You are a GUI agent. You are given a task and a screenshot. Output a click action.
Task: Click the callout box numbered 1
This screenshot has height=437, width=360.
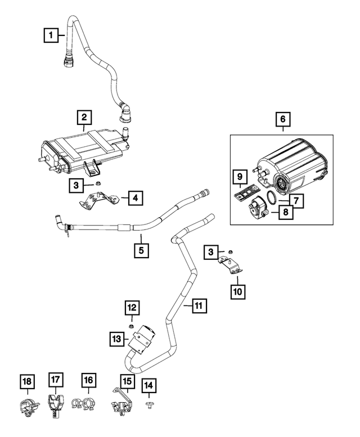point(51,36)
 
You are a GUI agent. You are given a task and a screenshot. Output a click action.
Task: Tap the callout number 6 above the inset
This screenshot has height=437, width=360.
point(283,119)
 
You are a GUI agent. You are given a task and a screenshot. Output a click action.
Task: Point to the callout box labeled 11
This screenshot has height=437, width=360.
point(198,305)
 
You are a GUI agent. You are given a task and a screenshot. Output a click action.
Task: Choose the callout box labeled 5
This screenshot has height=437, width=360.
point(142,249)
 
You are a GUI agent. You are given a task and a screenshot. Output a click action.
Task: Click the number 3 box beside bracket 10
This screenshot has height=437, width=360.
point(211,253)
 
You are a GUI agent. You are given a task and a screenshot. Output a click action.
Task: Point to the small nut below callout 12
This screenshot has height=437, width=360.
point(130,326)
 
